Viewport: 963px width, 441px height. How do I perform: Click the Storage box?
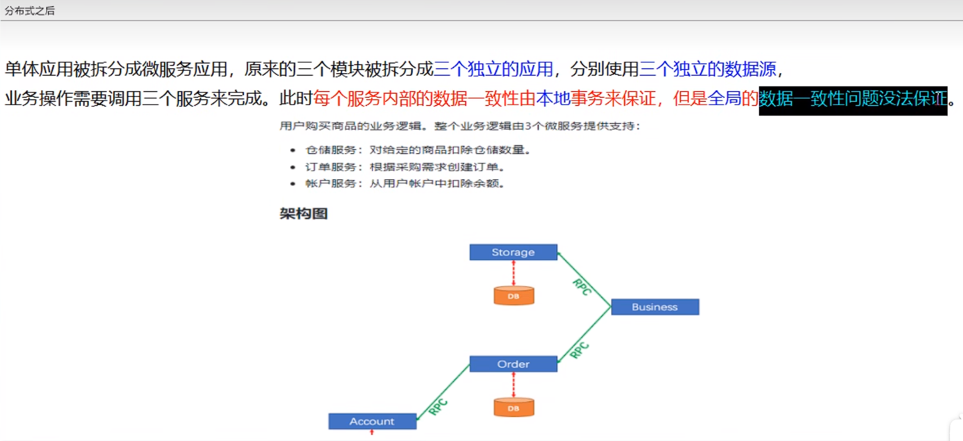pyautogui.click(x=513, y=252)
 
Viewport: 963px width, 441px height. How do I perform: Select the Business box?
pyautogui.click(x=655, y=307)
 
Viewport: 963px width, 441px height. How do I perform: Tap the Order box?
pyautogui.click(x=513, y=364)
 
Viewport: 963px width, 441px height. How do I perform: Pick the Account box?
pyautogui.click(x=372, y=421)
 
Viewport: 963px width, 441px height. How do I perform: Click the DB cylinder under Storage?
pyautogui.click(x=513, y=296)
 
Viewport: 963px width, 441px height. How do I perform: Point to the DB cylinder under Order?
pyautogui.click(x=513, y=408)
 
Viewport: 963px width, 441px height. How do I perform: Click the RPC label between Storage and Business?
pyautogui.click(x=581, y=287)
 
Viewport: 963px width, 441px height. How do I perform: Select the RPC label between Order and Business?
pyautogui.click(x=580, y=350)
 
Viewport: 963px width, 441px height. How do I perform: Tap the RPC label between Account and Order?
pyautogui.click(x=439, y=407)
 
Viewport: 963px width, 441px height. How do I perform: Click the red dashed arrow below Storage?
pyautogui.click(x=513, y=273)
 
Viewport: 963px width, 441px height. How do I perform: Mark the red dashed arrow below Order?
pyautogui.click(x=513, y=385)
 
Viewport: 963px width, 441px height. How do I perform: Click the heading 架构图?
pyautogui.click(x=303, y=214)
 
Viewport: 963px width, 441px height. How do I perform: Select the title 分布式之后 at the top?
pyautogui.click(x=30, y=10)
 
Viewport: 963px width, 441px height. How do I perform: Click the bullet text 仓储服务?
pyautogui.click(x=330, y=150)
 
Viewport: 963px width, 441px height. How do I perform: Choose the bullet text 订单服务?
pyautogui.click(x=330, y=167)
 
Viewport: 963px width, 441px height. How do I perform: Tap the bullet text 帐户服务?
pyautogui.click(x=330, y=184)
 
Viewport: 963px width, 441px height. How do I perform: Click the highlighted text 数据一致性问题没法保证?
pyautogui.click(x=852, y=99)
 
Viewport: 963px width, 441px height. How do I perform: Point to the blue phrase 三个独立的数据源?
pyautogui.click(x=707, y=69)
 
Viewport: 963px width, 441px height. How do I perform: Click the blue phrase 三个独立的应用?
pyautogui.click(x=493, y=69)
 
